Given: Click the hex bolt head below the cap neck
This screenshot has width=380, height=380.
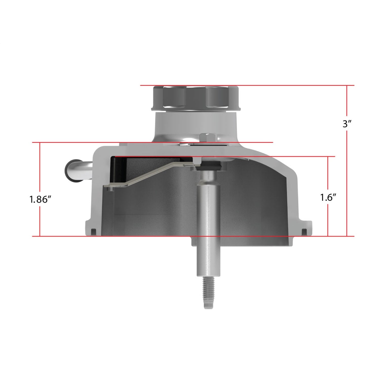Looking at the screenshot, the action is coord(208,138).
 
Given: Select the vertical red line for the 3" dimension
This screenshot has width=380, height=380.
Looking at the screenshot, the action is coord(347,161).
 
